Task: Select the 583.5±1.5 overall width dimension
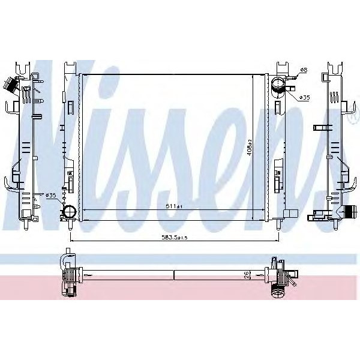[x=175, y=238]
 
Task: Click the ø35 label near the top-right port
[x=305, y=97]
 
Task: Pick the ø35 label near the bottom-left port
[x=51, y=195]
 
